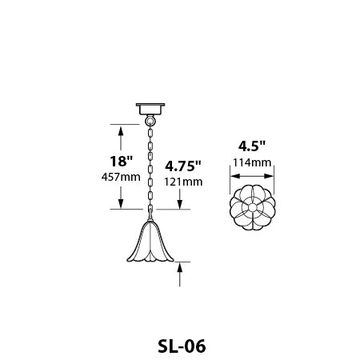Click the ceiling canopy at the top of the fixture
(x=150, y=107)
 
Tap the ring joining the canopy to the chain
(x=150, y=120)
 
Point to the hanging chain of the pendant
(x=150, y=168)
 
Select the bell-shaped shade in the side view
(x=150, y=244)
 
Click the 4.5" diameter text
(x=252, y=146)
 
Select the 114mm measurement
(x=252, y=163)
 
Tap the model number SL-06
(x=179, y=346)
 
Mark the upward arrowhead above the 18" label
(x=121, y=130)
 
